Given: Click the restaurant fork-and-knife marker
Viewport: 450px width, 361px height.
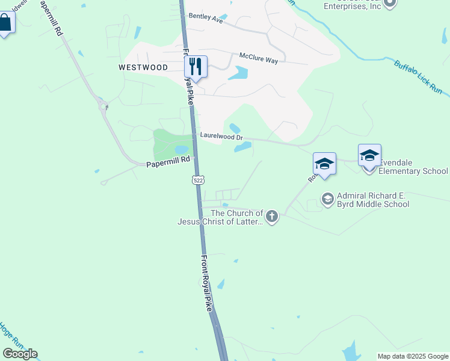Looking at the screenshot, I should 196,66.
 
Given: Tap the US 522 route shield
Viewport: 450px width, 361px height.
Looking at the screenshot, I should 198,180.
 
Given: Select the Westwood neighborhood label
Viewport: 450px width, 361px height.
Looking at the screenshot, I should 143,67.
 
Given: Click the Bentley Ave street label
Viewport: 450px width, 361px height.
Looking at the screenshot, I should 206,18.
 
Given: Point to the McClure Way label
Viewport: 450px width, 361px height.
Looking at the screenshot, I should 259,55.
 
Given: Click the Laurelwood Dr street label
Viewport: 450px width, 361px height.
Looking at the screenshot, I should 221,137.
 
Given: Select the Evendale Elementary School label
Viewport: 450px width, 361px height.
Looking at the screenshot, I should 413,171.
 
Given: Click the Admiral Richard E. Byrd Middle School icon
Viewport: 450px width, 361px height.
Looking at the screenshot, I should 328,199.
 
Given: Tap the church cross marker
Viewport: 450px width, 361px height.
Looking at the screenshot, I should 272,217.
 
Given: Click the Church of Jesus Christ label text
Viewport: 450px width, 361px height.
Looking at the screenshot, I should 220,217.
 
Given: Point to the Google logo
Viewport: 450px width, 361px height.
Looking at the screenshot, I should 20,354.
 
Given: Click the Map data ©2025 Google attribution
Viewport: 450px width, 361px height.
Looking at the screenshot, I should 413,356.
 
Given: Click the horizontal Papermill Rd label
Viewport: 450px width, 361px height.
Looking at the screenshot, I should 168,160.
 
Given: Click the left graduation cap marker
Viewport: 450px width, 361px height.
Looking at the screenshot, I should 324,164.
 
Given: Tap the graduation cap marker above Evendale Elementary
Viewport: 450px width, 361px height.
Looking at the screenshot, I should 369,155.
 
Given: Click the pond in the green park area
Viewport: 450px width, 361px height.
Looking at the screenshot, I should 180,149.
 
